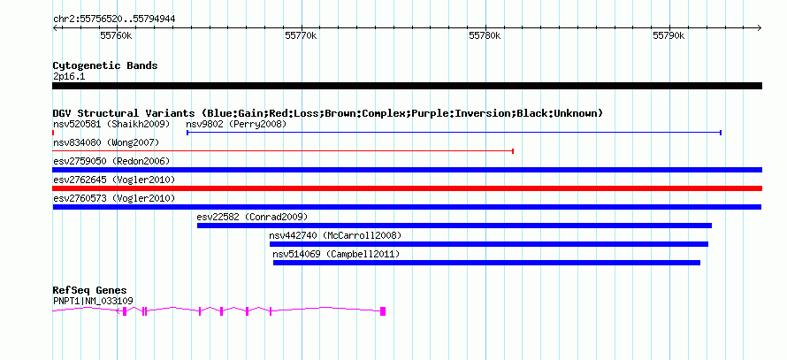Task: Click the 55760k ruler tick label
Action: [x=116, y=35]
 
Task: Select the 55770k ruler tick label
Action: [x=301, y=35]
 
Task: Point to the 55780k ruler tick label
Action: [x=485, y=35]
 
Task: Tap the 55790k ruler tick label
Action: [x=669, y=35]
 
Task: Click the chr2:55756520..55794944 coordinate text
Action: [x=114, y=19]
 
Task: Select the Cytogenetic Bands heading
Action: [x=105, y=65]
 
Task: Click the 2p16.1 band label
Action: [x=69, y=77]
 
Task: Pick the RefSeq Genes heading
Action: [x=90, y=290]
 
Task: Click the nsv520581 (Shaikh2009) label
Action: [x=111, y=124]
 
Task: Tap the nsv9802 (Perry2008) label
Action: [x=236, y=124]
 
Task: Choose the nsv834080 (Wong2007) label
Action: [x=106, y=143]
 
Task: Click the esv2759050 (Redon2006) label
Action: [x=111, y=161]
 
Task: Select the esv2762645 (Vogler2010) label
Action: [x=114, y=180]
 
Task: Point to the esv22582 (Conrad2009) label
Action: [x=252, y=217]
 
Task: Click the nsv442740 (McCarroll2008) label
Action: [x=335, y=235]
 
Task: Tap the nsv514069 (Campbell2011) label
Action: [x=336, y=254]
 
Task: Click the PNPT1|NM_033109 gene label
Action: [x=93, y=302]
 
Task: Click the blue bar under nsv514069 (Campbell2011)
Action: [x=486, y=263]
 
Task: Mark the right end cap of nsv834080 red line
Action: [x=513, y=151]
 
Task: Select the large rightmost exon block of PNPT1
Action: [x=383, y=311]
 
